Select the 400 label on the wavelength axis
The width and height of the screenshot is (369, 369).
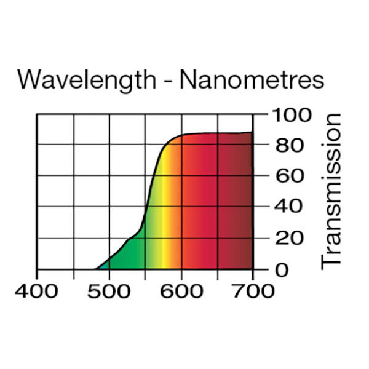pyautogui.click(x=38, y=291)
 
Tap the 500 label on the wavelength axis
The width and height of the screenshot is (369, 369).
pyautogui.click(x=109, y=291)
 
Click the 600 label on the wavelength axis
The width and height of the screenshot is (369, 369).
pyautogui.click(x=181, y=291)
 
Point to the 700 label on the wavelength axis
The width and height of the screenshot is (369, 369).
pyautogui.click(x=253, y=291)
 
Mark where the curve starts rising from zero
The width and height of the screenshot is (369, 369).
pyautogui.click(x=95, y=268)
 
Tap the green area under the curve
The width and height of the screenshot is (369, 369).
pyautogui.click(x=129, y=255)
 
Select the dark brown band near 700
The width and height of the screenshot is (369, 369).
pyautogui.click(x=246, y=203)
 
